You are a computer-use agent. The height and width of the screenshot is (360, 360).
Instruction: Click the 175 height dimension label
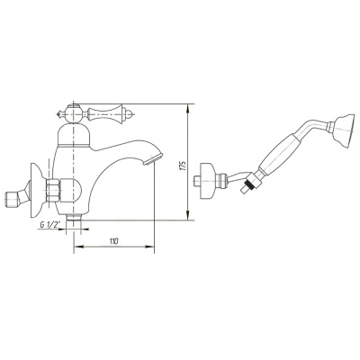tap(184, 166)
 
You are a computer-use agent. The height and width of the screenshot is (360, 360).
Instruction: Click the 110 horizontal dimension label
tap(113, 240)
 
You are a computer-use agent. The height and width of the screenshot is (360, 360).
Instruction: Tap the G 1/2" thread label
tap(49, 225)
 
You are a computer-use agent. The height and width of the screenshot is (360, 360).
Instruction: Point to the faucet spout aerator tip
tap(153, 159)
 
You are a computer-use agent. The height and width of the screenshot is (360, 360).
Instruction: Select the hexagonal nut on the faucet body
tap(52, 191)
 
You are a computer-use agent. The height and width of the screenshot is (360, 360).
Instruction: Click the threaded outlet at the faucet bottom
tap(74, 218)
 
